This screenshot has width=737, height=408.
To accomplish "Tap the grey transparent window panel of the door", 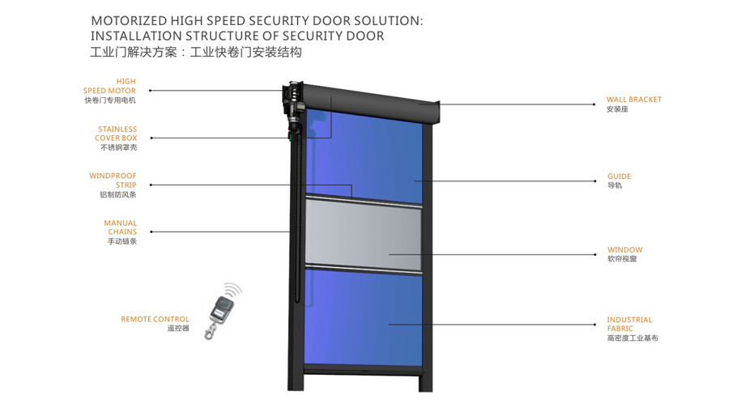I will click(364, 234).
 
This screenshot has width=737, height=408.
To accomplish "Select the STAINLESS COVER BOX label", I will click(117, 134).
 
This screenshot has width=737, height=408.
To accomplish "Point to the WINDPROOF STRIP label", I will click(113, 180).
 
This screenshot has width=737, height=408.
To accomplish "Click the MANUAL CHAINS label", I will click(120, 227).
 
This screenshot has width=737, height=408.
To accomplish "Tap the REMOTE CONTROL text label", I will click(155, 319).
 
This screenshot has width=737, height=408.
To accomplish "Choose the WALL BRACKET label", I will click(633, 100).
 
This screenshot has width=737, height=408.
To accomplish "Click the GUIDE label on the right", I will click(619, 176).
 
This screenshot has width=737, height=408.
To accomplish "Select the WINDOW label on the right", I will click(624, 250).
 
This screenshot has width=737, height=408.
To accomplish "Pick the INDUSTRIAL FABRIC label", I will click(629, 325).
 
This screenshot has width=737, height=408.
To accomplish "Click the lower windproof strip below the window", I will click(364, 267).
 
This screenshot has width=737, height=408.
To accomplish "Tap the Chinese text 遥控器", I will click(177, 329).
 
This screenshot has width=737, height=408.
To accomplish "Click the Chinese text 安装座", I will click(617, 109).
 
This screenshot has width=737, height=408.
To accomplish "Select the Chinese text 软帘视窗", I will click(622, 259).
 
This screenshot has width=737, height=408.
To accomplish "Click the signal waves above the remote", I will click(232, 290).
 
